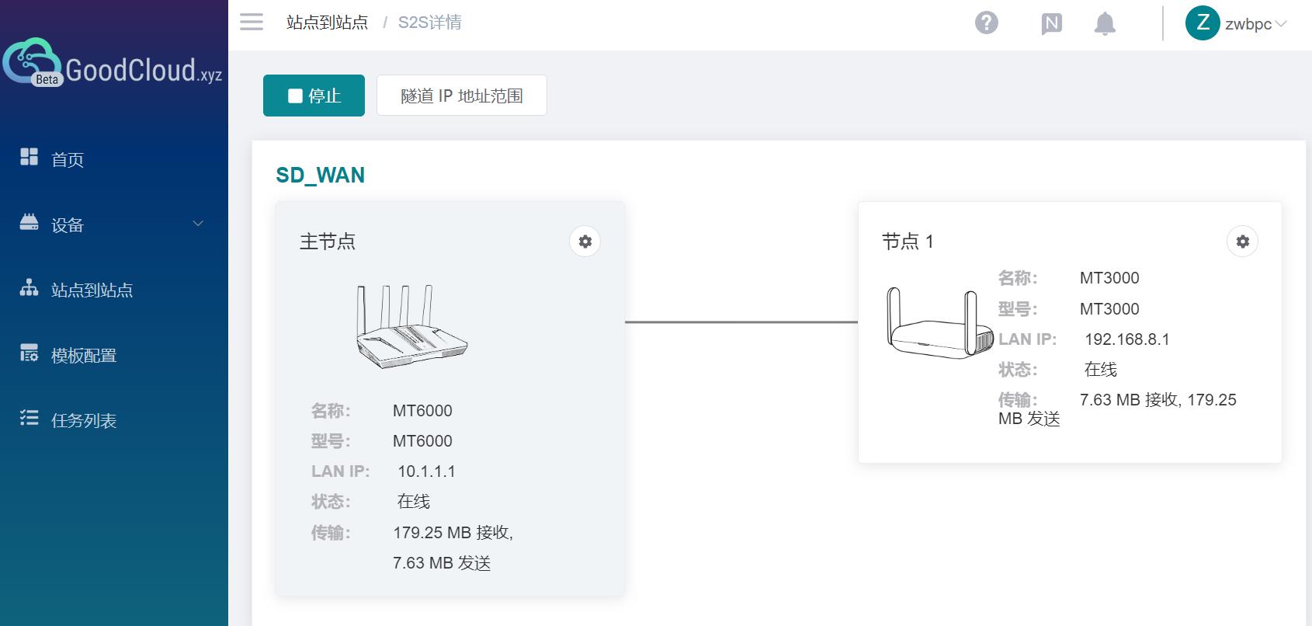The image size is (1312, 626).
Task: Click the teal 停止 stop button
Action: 314,96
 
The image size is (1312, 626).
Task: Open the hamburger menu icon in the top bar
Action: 252,22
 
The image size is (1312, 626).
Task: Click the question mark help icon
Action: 986,23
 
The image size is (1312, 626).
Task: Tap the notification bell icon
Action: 1104,23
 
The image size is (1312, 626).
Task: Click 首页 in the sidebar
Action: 67,160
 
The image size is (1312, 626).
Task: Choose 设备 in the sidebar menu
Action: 67,225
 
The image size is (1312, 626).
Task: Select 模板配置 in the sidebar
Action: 83,356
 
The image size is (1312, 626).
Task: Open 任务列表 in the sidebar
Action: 83,421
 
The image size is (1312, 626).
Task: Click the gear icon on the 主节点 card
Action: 585,242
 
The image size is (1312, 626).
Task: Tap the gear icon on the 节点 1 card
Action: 1242,242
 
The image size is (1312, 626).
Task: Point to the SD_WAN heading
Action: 320,176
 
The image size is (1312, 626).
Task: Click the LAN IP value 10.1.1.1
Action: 426,471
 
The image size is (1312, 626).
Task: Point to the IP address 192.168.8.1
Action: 1126,339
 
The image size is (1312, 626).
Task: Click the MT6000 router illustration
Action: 411,326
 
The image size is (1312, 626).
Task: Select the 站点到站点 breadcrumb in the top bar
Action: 327,23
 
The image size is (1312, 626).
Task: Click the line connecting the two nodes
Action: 741,322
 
